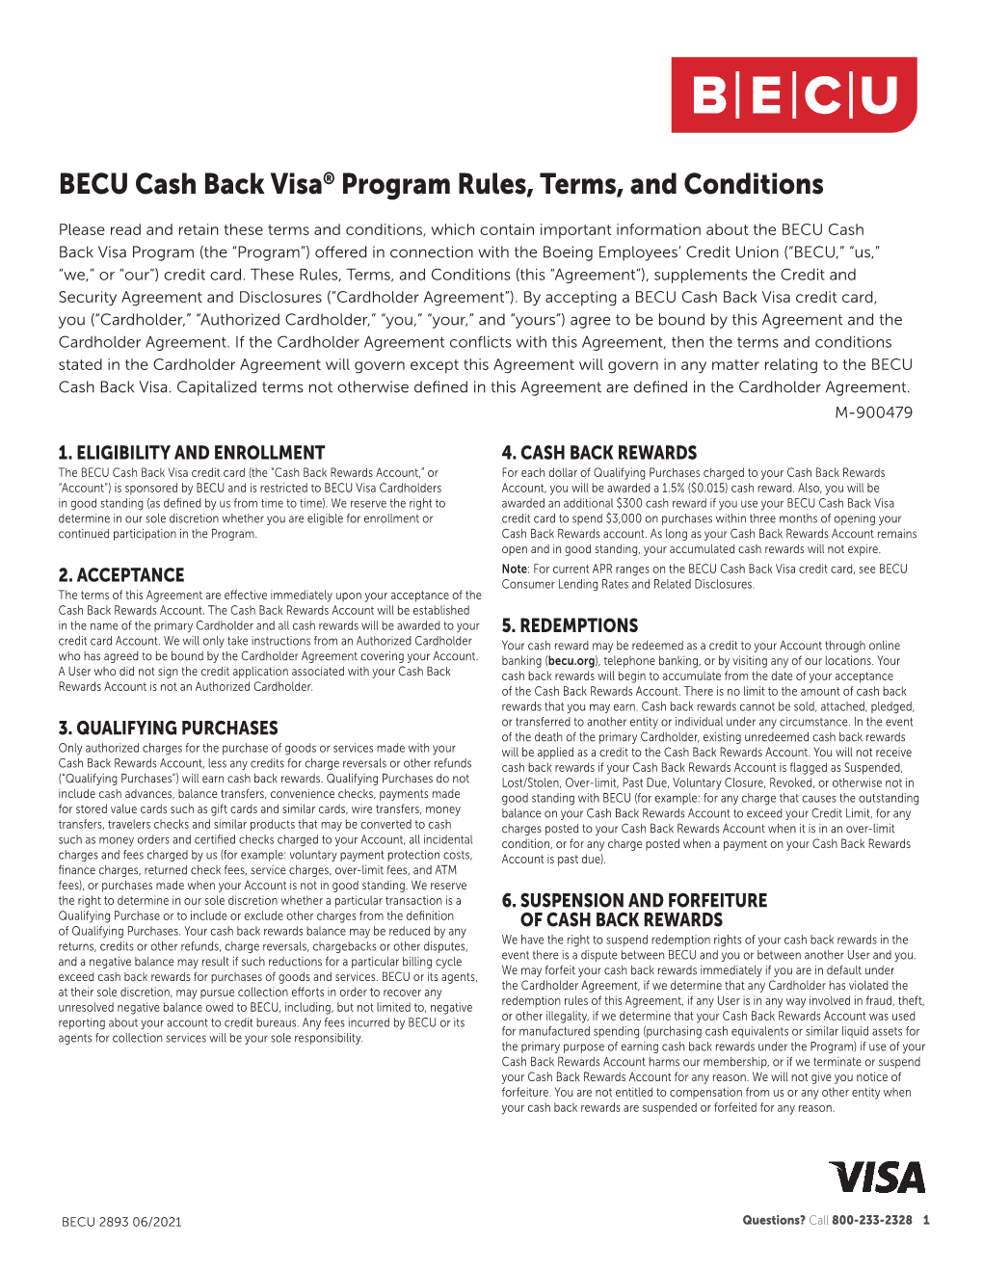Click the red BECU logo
pyautogui.click(x=793, y=94)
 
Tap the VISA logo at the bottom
pyautogui.click(x=876, y=1178)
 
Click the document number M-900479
pyautogui.click(x=873, y=412)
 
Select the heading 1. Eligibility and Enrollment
pyautogui.click(x=192, y=453)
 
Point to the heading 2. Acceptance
pyautogui.click(x=121, y=575)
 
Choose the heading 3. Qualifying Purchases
pyautogui.click(x=169, y=729)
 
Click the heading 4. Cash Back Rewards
pyautogui.click(x=598, y=453)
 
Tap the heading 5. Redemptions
pyautogui.click(x=570, y=625)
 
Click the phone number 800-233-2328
pyautogui.click(x=871, y=1220)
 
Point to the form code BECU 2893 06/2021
pyautogui.click(x=121, y=1222)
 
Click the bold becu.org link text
pyautogui.click(x=571, y=661)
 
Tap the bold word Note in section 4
pyautogui.click(x=515, y=569)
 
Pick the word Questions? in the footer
pyautogui.click(x=773, y=1220)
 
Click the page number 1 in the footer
pyautogui.click(x=926, y=1220)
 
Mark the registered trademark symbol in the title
pyautogui.click(x=329, y=178)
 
